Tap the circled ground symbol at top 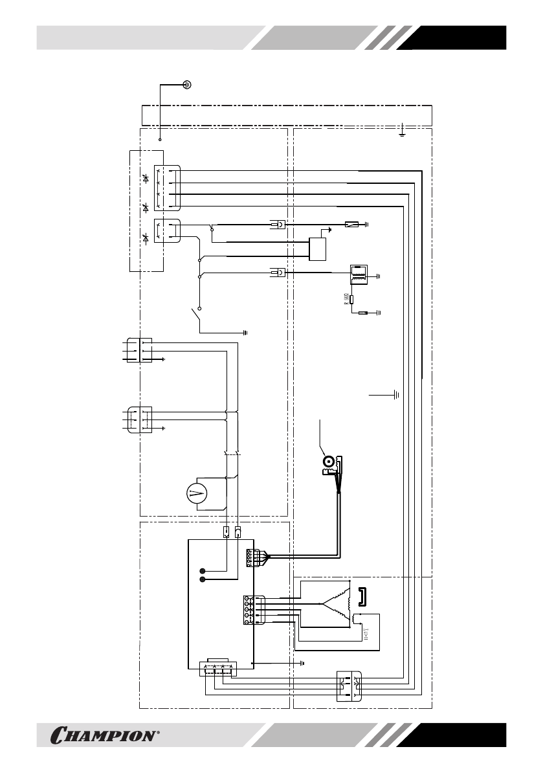pyautogui.click(x=186, y=84)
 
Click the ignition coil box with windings pyautogui.click(x=358, y=274)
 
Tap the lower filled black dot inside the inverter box pyautogui.click(x=203, y=580)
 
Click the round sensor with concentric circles pyautogui.click(x=329, y=462)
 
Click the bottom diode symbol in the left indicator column pyautogui.click(x=146, y=240)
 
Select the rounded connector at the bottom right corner pyautogui.click(x=349, y=686)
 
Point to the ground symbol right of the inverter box pyautogui.click(x=302, y=663)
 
